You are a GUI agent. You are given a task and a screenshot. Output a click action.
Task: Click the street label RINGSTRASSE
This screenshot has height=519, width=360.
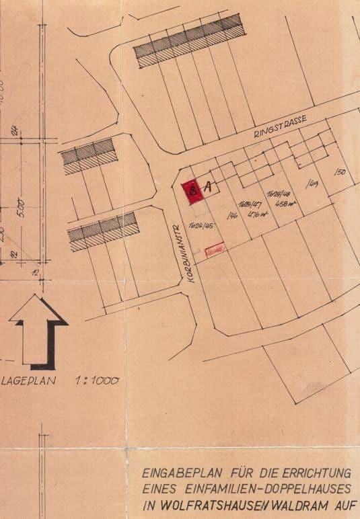point(280,126)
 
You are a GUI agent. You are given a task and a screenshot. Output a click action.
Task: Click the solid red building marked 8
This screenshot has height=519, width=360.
point(192,191)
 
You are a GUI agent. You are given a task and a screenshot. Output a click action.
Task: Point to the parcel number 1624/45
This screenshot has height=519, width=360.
point(201,225)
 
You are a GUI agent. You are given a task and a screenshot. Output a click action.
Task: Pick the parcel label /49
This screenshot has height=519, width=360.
point(312,183)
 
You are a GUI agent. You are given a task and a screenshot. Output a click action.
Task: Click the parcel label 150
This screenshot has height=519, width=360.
point(340,173)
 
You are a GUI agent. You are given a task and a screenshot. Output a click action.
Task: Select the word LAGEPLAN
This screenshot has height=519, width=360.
point(29,381)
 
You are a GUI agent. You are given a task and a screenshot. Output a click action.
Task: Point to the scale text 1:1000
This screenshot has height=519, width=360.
point(97,381)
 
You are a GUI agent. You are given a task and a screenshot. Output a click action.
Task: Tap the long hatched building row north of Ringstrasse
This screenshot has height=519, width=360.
point(188,40)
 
